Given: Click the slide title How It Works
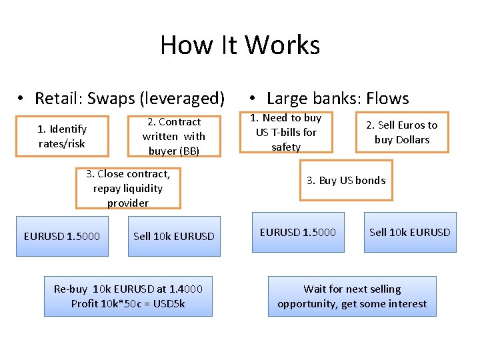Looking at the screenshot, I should click(x=240, y=45).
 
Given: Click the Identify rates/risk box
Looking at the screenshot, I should click(x=62, y=136).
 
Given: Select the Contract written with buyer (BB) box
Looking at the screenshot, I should click(x=173, y=136).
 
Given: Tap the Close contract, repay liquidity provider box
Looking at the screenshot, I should click(x=128, y=188).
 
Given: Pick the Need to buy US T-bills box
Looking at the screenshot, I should click(x=286, y=132).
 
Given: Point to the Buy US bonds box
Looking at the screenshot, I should click(x=346, y=180).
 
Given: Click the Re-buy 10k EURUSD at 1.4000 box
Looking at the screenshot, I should click(x=128, y=296).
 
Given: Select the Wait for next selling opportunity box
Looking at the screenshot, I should click(x=352, y=296).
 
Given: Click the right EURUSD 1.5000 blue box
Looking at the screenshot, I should click(x=298, y=232).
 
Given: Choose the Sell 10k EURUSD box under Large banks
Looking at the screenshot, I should click(x=410, y=232).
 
